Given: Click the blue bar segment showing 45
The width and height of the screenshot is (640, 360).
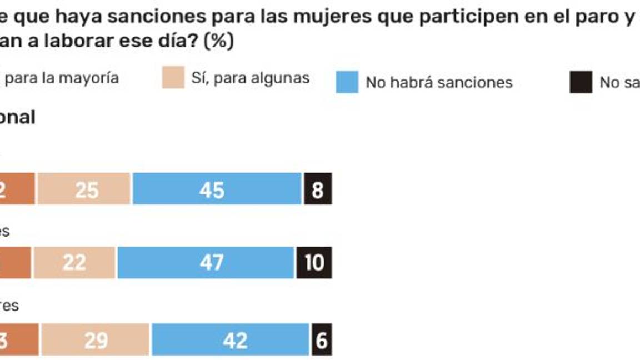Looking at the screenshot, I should coord(217,189).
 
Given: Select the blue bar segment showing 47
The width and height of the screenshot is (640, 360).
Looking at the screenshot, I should coord(205,263).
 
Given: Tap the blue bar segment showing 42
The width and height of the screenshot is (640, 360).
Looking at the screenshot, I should coord(230,339).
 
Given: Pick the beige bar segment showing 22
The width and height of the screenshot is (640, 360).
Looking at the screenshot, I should coord(74,263).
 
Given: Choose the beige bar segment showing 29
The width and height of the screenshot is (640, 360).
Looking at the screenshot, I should coord(95,339).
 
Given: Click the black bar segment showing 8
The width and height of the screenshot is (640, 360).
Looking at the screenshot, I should coord(318,189).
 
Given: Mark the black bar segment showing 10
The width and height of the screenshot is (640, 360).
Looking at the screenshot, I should coord(314,263).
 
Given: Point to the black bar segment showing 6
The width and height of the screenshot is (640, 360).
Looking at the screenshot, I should coord(322,339).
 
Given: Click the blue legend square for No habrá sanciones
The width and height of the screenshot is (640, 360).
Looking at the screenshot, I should coord(347,82).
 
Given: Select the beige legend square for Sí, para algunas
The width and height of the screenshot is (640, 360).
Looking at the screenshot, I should coord(173,78).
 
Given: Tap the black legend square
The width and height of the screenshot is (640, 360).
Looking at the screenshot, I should coord(581,82).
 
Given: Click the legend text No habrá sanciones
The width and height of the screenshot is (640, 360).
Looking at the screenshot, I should coord(439,83).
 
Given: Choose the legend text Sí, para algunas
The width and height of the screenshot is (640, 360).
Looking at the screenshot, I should coord(250,78).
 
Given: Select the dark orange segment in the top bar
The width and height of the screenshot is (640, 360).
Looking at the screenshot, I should coord(17,189).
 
